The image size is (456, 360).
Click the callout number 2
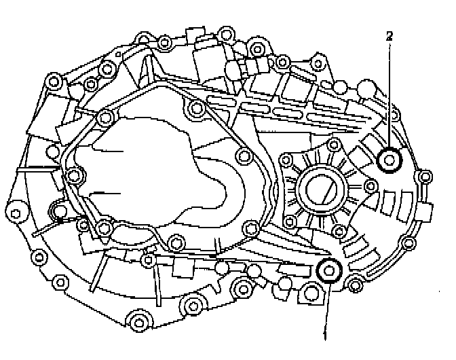pos(389,36)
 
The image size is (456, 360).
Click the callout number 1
pos(326,335)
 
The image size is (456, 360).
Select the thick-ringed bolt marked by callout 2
pos(390,160)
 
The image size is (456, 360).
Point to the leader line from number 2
pos(389,95)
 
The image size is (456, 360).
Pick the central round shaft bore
pos(324,187)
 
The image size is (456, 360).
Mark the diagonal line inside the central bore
pos(326,187)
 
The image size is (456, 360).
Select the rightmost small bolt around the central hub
pos(372,186)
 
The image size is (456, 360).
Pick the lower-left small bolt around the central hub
pos(289,219)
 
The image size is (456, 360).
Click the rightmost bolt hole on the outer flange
pos(424,178)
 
